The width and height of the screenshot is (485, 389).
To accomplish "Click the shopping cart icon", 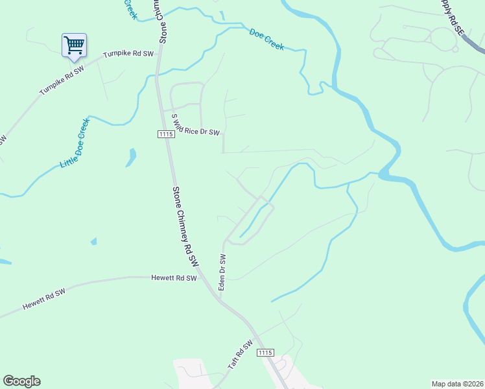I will pyautogui.click(x=74, y=45).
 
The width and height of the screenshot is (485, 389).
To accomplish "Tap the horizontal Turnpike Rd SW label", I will pyautogui.click(x=128, y=54).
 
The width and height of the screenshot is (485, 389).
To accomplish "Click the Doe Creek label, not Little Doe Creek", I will pyautogui.click(x=266, y=39).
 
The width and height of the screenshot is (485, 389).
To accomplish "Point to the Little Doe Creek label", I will pyautogui.click(x=74, y=144).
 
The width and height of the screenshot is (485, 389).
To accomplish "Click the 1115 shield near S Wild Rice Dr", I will pyautogui.click(x=165, y=134).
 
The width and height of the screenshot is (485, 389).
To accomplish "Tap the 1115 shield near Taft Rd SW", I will pyautogui.click(x=265, y=352).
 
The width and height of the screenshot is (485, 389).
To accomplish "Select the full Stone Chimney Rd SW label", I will pyautogui.click(x=185, y=226).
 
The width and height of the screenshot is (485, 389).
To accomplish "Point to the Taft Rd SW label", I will pyautogui.click(x=239, y=356).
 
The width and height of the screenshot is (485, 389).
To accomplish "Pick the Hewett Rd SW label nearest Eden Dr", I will pyautogui.click(x=173, y=278).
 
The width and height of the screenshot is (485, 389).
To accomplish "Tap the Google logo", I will pyautogui.click(x=21, y=381).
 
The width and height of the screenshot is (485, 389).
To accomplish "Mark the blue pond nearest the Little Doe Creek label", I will pyautogui.click(x=132, y=156).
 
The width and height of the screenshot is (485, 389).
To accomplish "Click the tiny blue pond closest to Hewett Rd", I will pyautogui.click(x=93, y=241).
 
